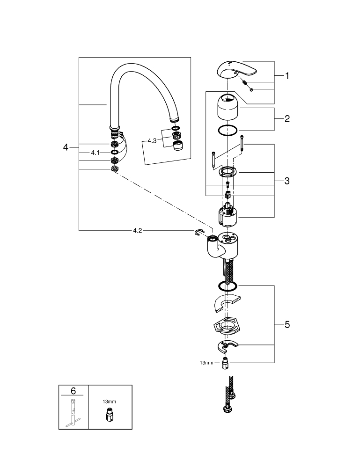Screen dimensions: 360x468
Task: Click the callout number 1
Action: (x=287, y=76)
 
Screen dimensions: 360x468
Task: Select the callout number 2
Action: (x=287, y=119)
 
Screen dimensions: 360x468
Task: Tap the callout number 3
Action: (x=287, y=181)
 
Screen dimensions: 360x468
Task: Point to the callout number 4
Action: (x=66, y=147)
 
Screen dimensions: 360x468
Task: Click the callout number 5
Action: (x=287, y=324)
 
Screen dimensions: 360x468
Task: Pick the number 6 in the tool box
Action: (x=73, y=390)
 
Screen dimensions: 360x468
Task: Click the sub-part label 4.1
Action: (x=95, y=153)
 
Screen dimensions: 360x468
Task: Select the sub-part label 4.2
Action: (x=138, y=230)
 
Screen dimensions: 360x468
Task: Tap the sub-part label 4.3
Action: (x=152, y=140)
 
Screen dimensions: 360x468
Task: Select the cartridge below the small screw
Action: (x=228, y=214)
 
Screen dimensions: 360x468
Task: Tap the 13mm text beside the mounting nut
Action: (x=206, y=363)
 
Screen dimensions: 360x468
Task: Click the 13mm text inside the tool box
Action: (x=109, y=402)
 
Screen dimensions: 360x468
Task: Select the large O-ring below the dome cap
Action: (x=228, y=131)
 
